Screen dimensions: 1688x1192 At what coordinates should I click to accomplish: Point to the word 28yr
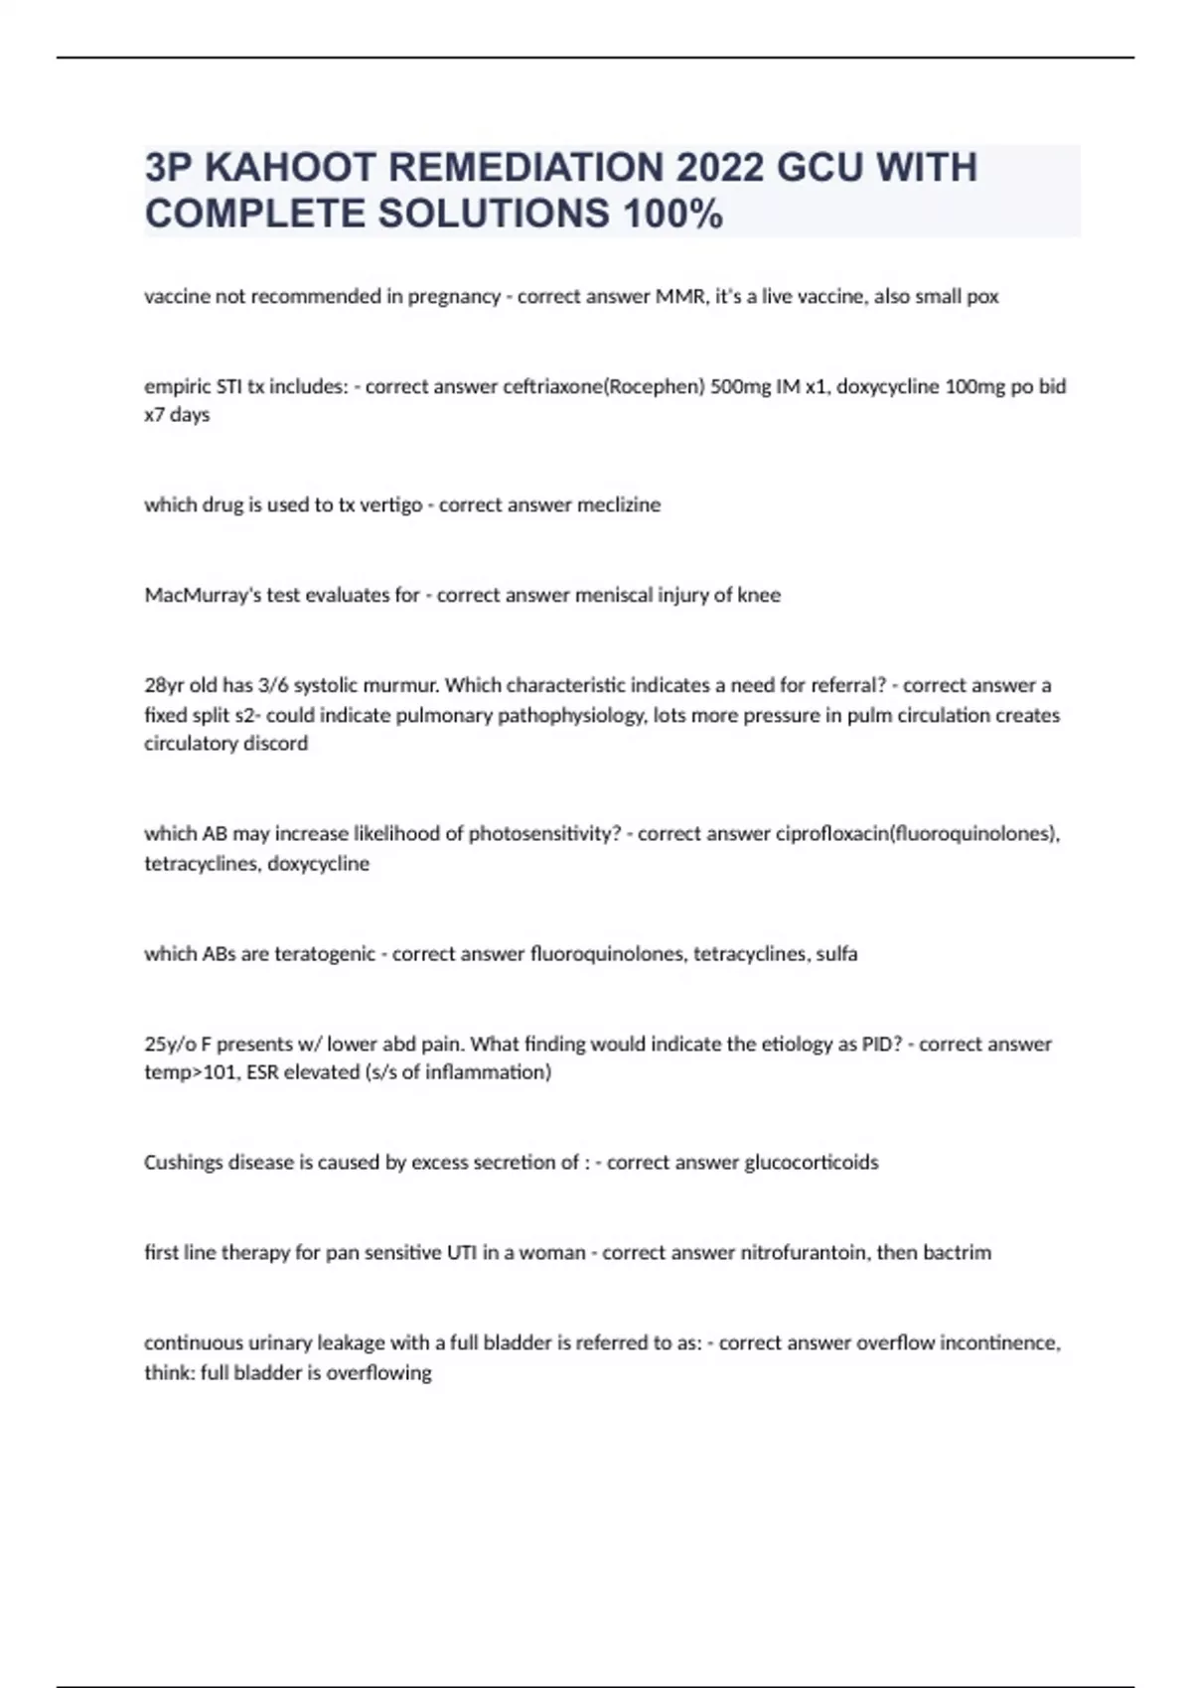click(165, 685)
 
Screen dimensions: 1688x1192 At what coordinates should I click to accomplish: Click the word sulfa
click(836, 954)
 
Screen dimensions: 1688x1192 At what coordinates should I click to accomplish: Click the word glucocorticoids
click(811, 1162)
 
